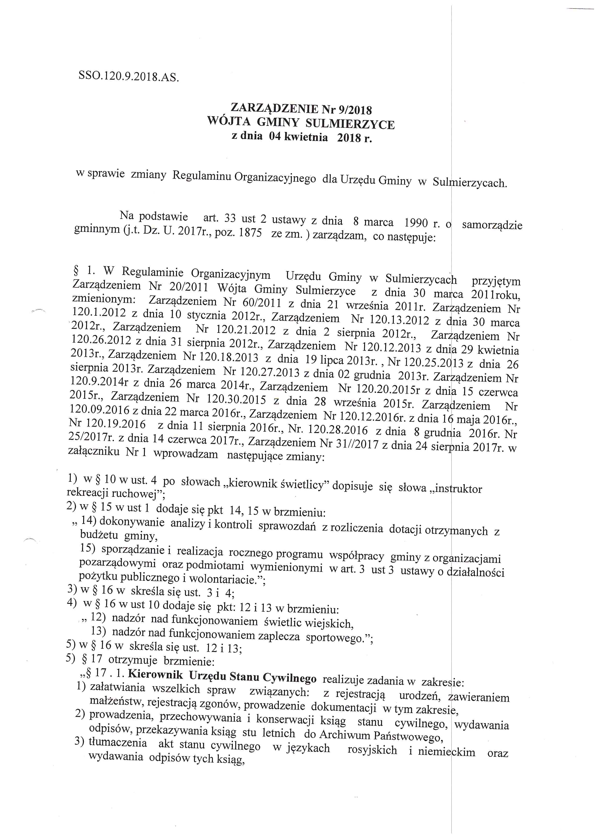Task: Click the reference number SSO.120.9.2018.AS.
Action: [129, 76]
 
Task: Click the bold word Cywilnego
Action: [290, 678]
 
